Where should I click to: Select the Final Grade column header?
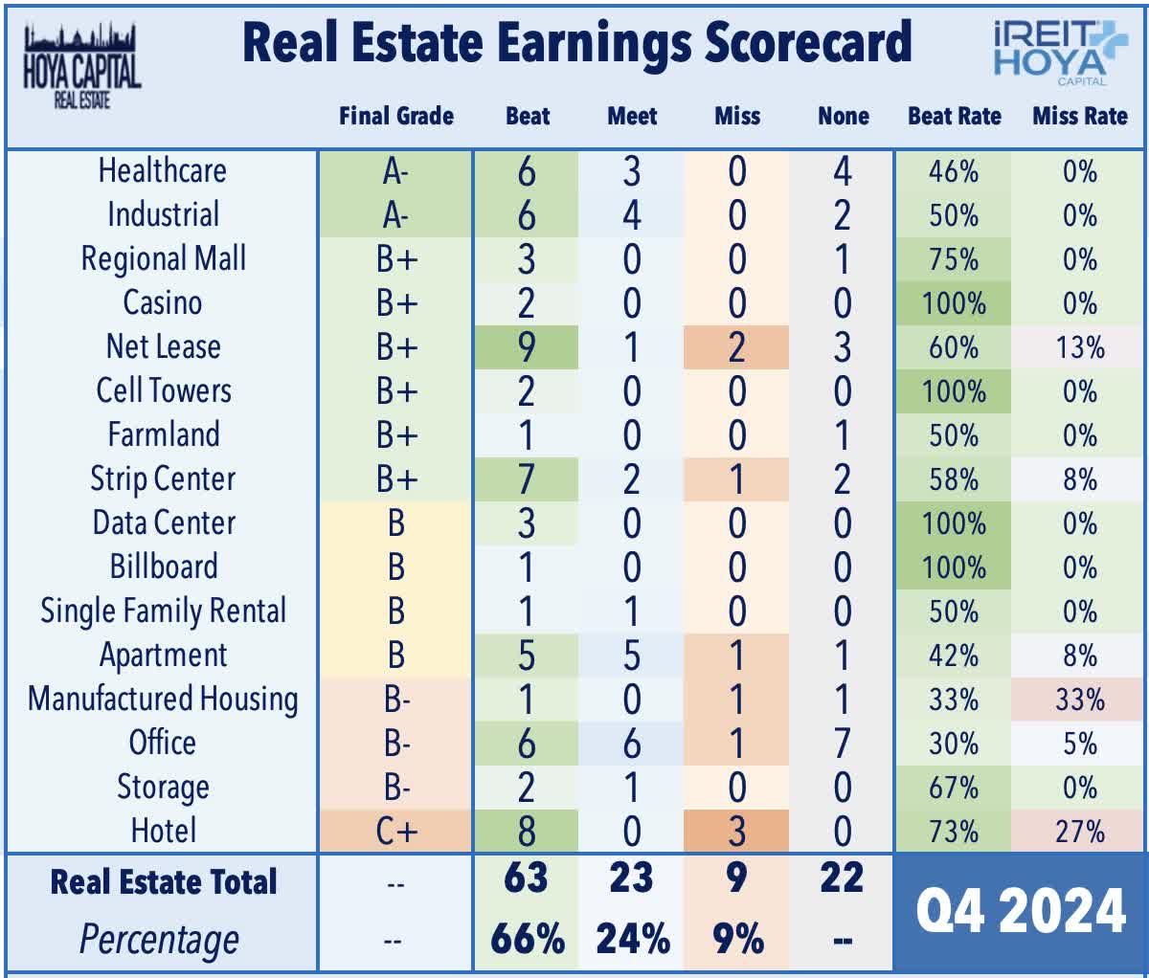[x=395, y=116]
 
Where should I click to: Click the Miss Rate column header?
[x=1079, y=116]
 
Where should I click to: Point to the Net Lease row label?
[x=163, y=346]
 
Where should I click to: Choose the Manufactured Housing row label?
[x=163, y=699]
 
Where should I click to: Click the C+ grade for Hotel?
[x=395, y=831]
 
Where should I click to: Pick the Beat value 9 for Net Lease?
[x=527, y=347]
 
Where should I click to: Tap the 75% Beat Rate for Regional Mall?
[x=953, y=259]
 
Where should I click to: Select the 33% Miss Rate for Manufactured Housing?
[x=1079, y=700]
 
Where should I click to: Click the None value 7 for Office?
[x=842, y=744]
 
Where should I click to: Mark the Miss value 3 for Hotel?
[x=736, y=831]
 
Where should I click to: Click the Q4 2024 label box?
[x=1020, y=911]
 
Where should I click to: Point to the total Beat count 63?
[x=527, y=878]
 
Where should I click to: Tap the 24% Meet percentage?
[x=632, y=940]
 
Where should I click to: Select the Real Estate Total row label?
[x=163, y=880]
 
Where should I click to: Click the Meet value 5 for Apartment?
[x=632, y=656]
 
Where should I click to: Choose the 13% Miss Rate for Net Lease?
[x=1079, y=347]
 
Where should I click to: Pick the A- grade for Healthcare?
[x=395, y=171]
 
